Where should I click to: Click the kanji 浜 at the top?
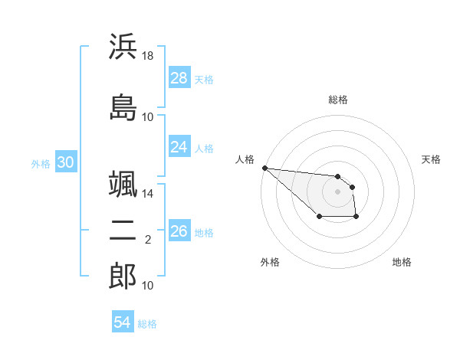(123, 47)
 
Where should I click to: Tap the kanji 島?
(123, 106)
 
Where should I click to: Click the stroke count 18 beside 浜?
(148, 57)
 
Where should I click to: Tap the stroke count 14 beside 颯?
(148, 195)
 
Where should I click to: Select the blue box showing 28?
(179, 77)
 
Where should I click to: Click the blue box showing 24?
(179, 146)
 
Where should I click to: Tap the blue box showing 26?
(179, 231)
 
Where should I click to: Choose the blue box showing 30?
(65, 162)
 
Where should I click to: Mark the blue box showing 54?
(122, 322)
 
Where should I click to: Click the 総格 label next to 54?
(147, 324)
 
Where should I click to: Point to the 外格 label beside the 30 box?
(41, 163)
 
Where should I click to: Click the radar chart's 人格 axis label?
(245, 159)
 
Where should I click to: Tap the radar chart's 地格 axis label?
(402, 262)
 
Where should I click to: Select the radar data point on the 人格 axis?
(264, 168)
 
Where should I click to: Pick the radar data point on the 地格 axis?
(356, 218)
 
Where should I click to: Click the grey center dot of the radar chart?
(337, 191)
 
